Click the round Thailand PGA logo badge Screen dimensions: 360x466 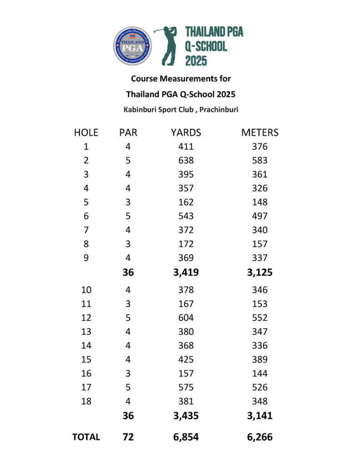(132, 46)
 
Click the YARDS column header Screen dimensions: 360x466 (186, 132)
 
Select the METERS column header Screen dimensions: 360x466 (259, 132)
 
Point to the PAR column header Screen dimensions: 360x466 (128, 132)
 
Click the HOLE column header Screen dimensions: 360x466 (86, 132)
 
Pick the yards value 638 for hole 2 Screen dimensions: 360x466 (186, 160)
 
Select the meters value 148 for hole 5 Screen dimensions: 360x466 (259, 202)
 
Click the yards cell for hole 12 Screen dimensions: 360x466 (186, 318)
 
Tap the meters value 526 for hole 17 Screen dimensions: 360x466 (259, 387)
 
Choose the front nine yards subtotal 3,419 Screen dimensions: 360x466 (186, 273)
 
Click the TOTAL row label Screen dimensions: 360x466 (86, 437)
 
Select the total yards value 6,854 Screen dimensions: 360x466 (186, 437)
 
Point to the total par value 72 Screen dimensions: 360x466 (128, 437)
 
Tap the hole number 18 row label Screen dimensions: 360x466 (86, 401)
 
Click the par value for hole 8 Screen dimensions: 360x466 (128, 244)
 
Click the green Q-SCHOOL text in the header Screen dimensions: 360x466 (206, 46)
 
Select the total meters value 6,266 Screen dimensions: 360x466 (259, 437)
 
